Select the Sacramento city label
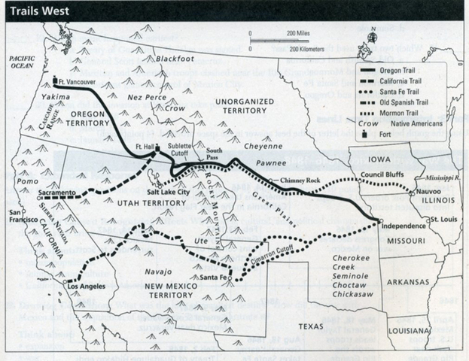click(56, 193)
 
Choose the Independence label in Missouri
click(404, 226)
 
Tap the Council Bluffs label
click(382, 175)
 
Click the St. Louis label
click(443, 219)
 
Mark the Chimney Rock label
click(299, 181)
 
